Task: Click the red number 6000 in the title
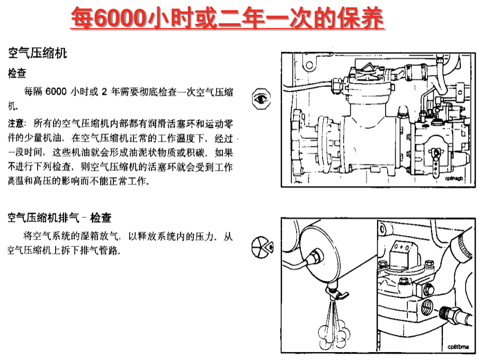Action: click(120, 18)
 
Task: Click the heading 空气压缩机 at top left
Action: click(38, 53)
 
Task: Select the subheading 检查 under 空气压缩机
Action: click(17, 73)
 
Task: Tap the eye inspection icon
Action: click(261, 99)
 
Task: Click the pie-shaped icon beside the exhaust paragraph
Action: click(262, 247)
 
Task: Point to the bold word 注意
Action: click(16, 124)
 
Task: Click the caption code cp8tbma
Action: click(458, 347)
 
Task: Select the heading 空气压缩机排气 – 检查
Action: click(59, 218)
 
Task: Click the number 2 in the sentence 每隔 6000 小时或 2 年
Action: click(104, 92)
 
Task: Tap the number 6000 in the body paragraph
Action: click(56, 92)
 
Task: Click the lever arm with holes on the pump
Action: click(435, 163)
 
